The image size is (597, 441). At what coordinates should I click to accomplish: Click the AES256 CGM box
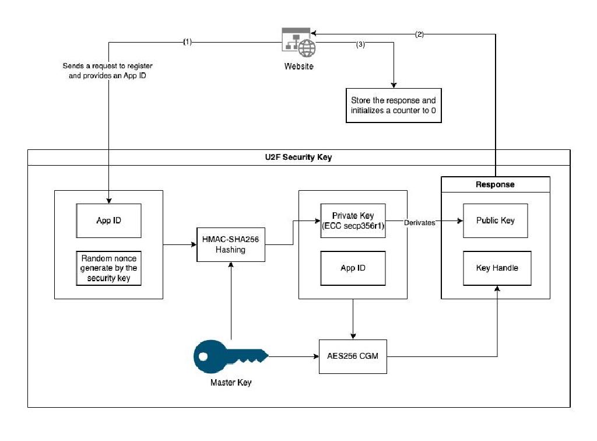353,355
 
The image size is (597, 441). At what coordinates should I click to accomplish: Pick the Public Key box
495,220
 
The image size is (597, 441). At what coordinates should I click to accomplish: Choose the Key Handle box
497,268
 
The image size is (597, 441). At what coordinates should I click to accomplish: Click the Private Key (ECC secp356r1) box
353,220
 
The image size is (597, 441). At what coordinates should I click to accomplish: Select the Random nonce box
108,268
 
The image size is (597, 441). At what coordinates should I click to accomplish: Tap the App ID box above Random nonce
108,220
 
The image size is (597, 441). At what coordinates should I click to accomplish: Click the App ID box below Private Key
353,268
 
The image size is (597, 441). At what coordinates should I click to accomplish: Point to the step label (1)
187,42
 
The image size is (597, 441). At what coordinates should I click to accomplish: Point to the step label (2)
419,34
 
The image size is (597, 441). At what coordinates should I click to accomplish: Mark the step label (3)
360,45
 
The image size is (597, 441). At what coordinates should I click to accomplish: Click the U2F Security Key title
298,157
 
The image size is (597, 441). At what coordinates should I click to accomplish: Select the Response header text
495,184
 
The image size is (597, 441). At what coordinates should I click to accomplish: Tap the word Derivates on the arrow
419,222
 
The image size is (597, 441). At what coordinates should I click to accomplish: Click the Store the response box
393,106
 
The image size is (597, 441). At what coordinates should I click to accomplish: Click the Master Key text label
231,383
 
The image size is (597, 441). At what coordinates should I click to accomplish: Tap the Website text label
298,66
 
